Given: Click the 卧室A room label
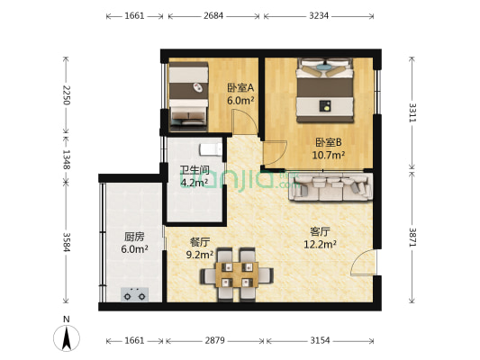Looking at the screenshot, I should pos(240,88).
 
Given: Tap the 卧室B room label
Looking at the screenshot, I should pos(328,142).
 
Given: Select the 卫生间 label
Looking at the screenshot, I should pos(194,169).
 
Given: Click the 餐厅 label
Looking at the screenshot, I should pos(200,242).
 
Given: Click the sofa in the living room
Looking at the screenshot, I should pos(329,187).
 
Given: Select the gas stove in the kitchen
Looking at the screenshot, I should pos(135,292).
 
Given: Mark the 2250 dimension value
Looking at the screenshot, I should pos(66,96).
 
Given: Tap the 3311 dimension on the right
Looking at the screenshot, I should pos(412,113).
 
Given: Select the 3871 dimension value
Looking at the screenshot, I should pos(412,238).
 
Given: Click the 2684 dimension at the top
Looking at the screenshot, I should pos(214,16).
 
